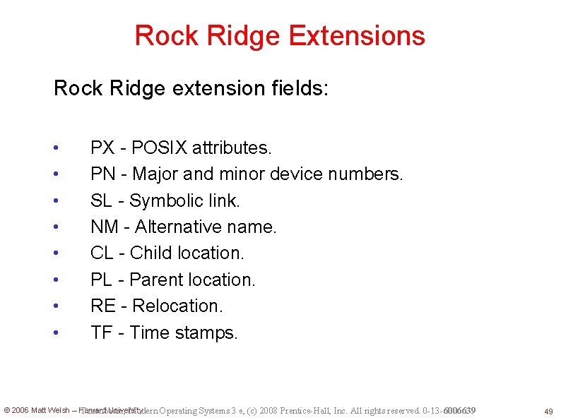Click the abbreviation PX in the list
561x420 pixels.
coord(102,148)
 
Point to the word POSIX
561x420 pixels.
coord(159,148)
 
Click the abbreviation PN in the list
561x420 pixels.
coord(102,174)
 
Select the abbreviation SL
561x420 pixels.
coord(102,200)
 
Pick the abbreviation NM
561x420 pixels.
coord(105,227)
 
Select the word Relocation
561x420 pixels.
coord(177,306)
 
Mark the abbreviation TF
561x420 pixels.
coord(101,332)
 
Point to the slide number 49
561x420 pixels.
coord(548,412)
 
